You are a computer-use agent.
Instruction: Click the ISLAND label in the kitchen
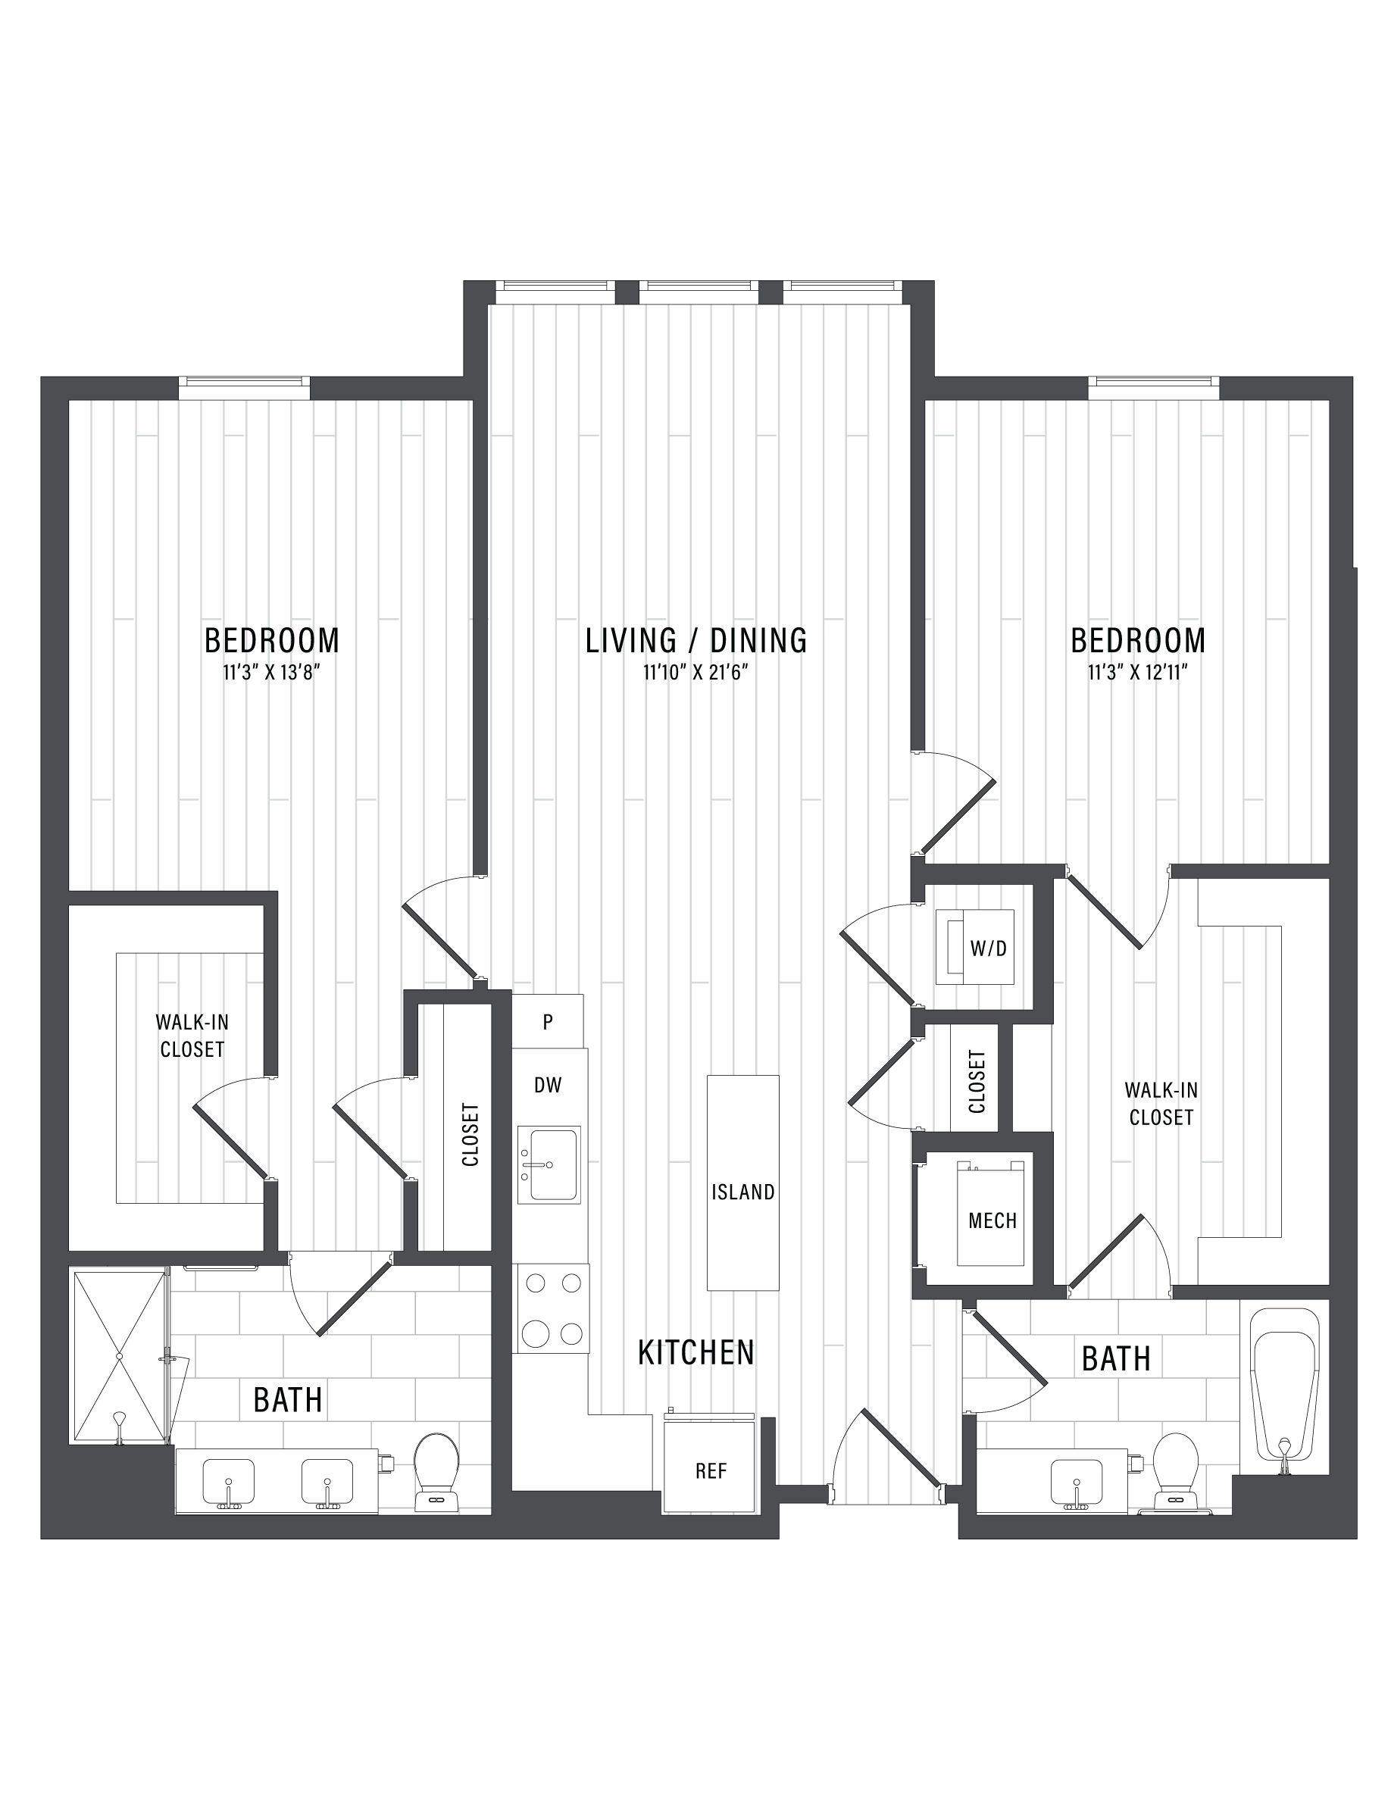pos(742,1192)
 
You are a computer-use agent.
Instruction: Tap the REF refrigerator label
pos(711,1470)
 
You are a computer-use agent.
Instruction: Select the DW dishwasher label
pos(547,1085)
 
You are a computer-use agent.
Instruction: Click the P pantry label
pos(547,1022)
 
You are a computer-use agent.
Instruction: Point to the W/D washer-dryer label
pos(988,948)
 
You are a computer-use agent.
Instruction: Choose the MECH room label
pos(992,1220)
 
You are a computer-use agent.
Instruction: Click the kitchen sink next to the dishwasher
pos(549,1164)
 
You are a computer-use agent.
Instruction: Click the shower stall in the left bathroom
pos(120,1357)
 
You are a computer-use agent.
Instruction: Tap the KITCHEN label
pos(696,1352)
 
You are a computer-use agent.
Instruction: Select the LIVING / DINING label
pos(696,640)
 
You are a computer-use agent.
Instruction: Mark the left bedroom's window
pos(244,382)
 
